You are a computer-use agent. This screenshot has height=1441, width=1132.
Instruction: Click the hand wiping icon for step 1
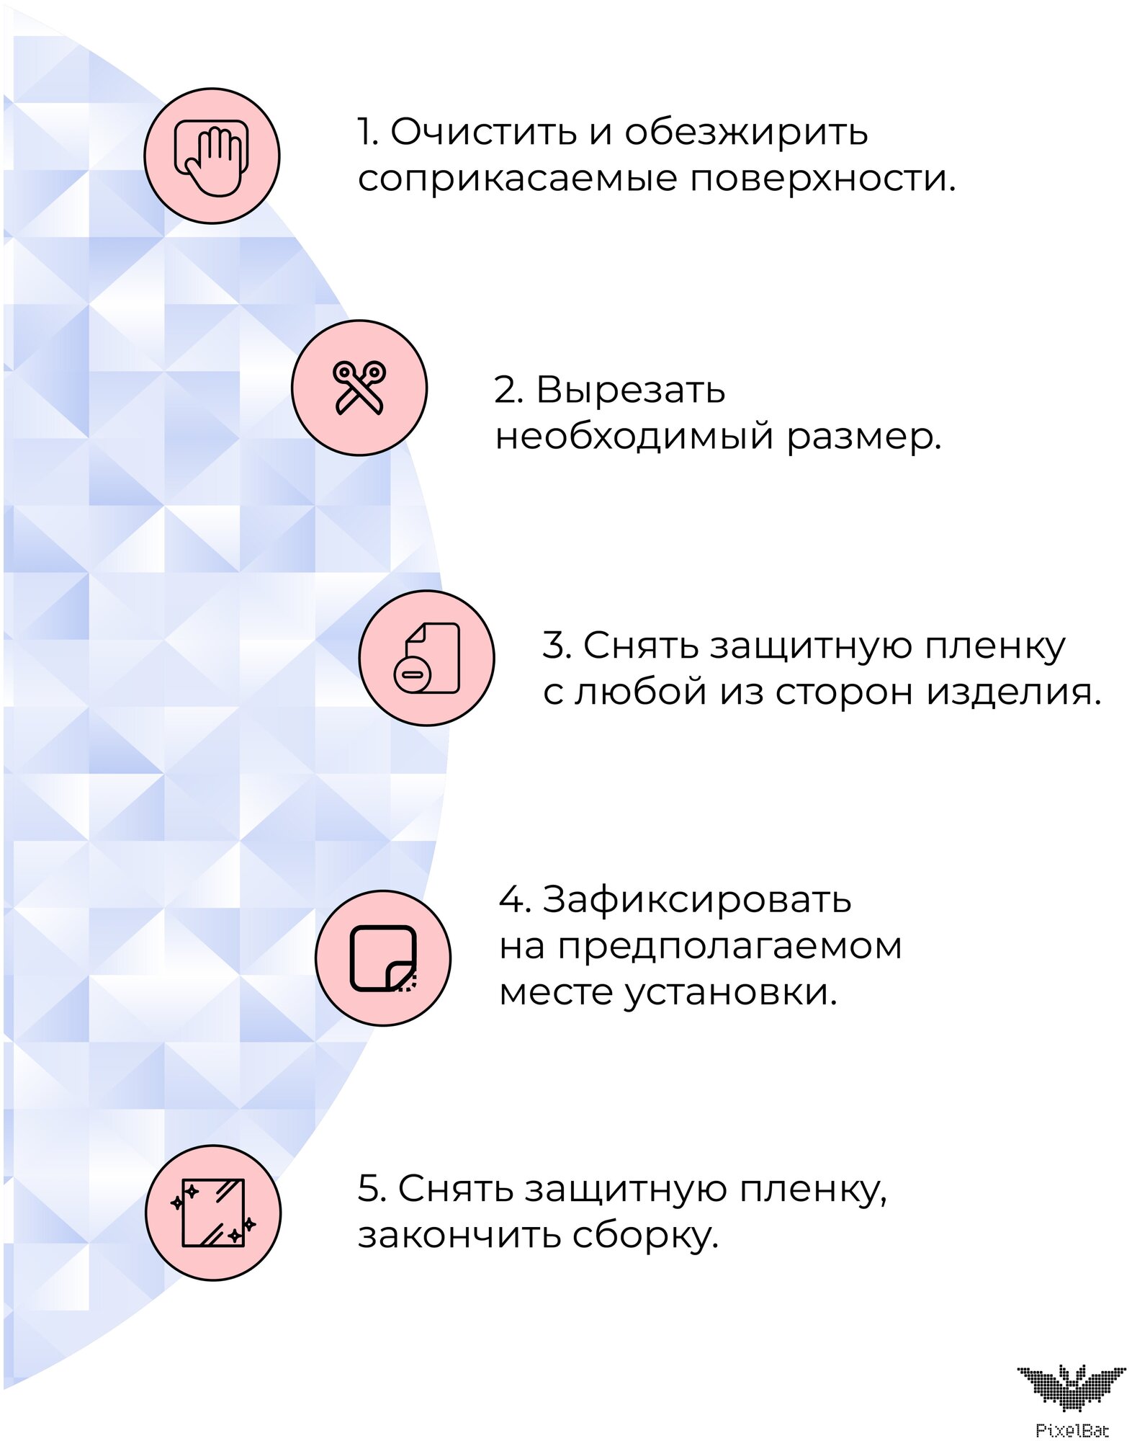click(x=212, y=156)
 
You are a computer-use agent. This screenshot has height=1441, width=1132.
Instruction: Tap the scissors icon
click(x=359, y=388)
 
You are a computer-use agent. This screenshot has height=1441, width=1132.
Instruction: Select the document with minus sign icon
click(x=426, y=658)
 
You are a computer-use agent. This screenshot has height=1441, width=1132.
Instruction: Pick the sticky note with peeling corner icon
click(x=383, y=958)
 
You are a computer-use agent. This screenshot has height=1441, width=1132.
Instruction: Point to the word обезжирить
click(x=746, y=132)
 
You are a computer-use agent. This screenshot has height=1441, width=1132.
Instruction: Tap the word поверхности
click(x=822, y=179)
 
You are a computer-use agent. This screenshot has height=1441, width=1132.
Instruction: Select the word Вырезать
click(x=631, y=390)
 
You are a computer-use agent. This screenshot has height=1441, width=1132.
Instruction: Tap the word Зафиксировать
click(x=696, y=900)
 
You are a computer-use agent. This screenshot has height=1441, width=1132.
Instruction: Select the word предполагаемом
click(x=729, y=947)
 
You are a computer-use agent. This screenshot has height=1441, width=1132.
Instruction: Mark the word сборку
click(x=646, y=1236)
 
